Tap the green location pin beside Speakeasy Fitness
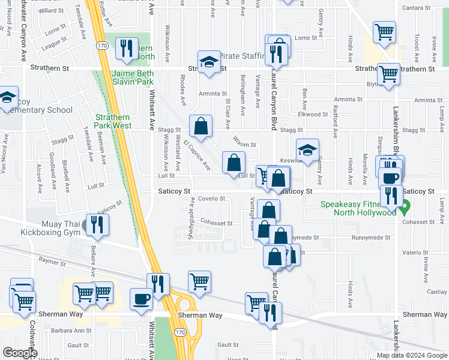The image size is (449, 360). click(405, 208)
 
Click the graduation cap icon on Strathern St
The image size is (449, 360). click(209, 62)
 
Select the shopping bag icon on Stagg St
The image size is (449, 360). click(201, 126)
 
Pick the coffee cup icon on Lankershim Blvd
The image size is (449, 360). click(390, 178)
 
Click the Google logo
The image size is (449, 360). click(20, 353)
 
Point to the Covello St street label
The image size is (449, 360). click(211, 199)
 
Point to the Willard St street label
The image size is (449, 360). click(51, 11)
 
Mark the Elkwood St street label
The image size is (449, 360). click(310, 114)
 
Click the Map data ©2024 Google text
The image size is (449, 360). click(408, 355)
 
